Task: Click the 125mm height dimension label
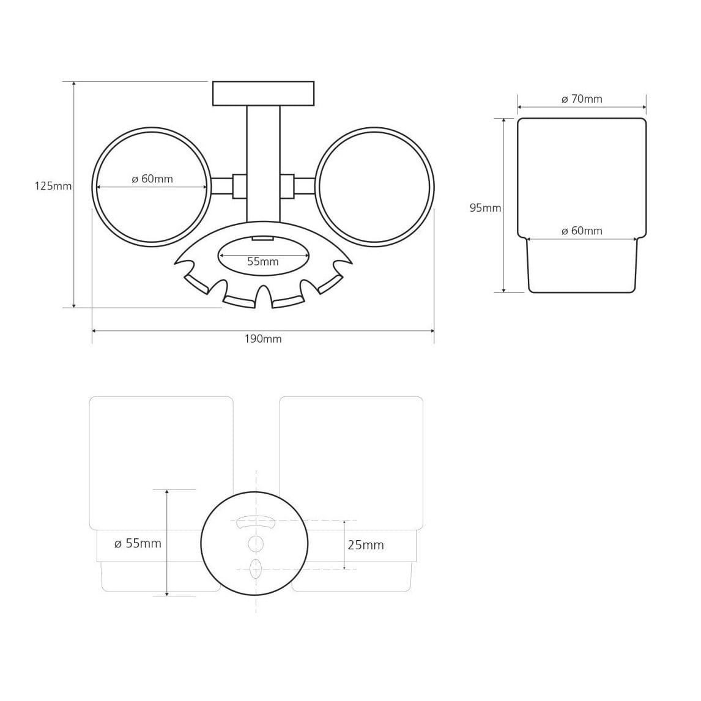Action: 53,186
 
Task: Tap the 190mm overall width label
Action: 263,339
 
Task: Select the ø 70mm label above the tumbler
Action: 582,99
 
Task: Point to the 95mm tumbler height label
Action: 485,208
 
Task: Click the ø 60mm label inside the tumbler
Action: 582,231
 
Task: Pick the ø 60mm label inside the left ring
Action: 152,179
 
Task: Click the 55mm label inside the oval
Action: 263,262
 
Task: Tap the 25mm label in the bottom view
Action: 366,545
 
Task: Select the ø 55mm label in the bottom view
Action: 138,544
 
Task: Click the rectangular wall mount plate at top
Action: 263,94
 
